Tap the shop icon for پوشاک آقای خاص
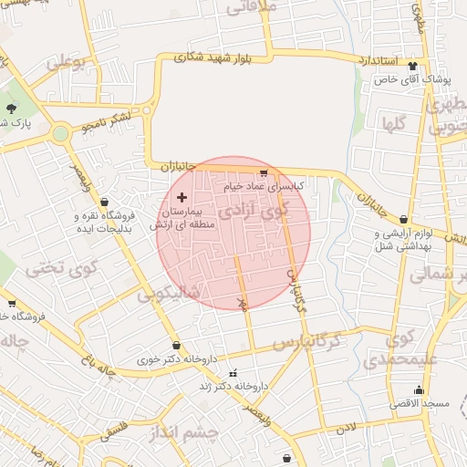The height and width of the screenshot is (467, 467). (x=413, y=66)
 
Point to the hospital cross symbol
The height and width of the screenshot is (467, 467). (x=181, y=197)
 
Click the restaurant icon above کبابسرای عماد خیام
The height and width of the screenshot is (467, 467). (x=264, y=172)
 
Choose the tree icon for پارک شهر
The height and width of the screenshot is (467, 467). (x=12, y=109)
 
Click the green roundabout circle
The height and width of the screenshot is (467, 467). (x=60, y=134)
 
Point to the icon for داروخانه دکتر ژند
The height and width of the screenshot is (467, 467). (x=232, y=373)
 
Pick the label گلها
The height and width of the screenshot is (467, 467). (x=395, y=121)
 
